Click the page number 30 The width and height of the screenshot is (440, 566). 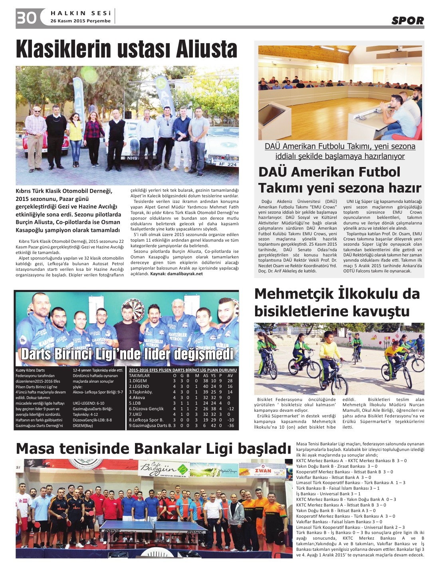click(x=27, y=18)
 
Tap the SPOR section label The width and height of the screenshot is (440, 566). click(x=407, y=20)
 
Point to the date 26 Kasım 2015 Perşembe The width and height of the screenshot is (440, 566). click(x=80, y=21)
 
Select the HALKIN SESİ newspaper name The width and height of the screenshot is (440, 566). click(x=81, y=13)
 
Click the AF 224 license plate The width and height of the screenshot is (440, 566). click(x=228, y=164)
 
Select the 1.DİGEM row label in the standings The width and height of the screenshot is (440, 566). click(x=138, y=381)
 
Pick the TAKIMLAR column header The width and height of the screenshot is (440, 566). click(x=139, y=375)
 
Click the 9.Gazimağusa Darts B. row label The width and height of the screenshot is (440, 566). click(x=150, y=425)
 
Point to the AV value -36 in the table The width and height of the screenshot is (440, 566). click(x=230, y=425)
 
